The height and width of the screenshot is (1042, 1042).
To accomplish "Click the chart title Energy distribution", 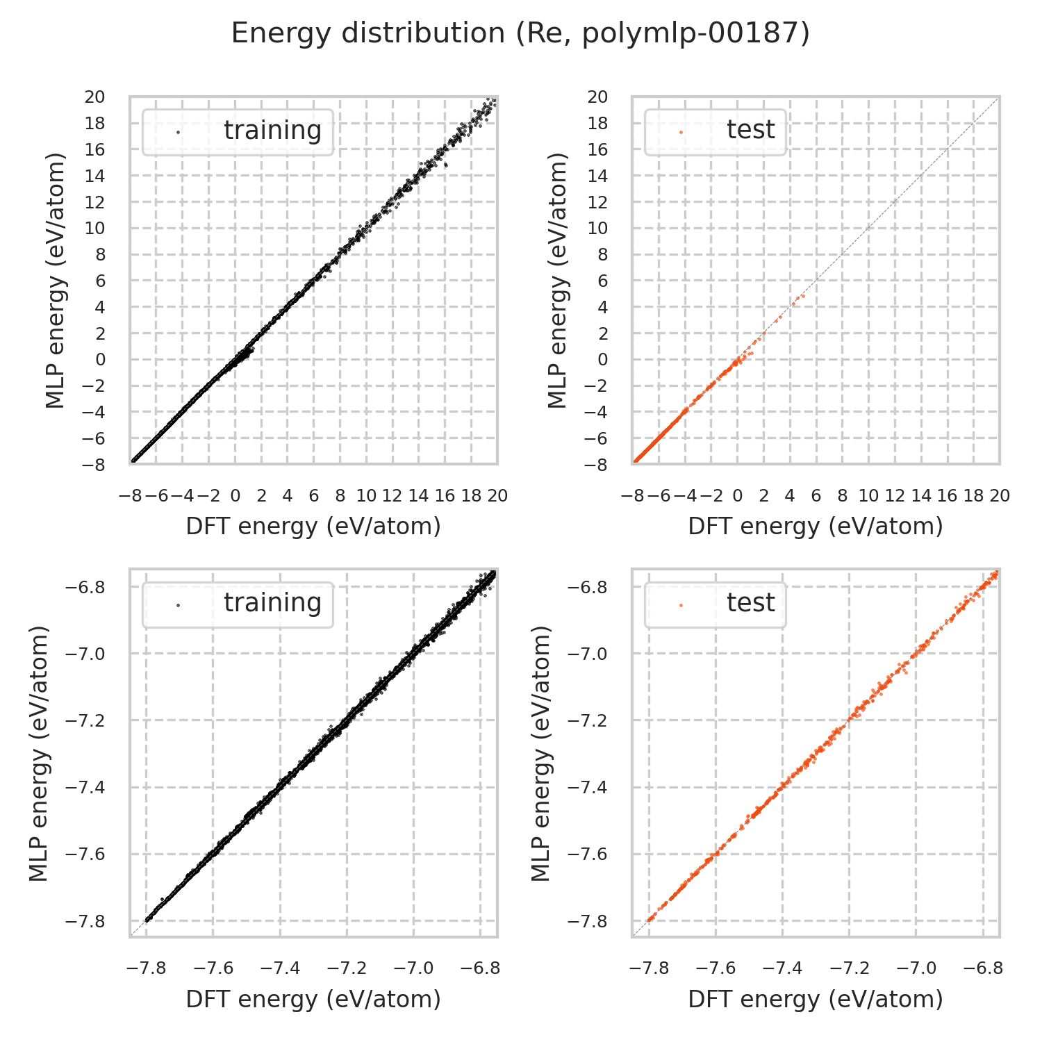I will pos(520,33).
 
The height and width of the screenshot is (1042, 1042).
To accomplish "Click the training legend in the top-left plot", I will pos(238,131).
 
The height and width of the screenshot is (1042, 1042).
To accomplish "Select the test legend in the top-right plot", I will pos(716,131).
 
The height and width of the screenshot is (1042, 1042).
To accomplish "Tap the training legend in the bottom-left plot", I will pos(238,604).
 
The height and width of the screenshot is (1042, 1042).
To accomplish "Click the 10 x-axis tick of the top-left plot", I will pos(366,496).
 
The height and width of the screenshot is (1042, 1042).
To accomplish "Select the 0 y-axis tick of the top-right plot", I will pos(602,360).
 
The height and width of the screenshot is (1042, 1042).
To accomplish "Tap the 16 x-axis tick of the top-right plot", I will pos(948,496).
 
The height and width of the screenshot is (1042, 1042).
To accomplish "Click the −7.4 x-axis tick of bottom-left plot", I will pos(280,968).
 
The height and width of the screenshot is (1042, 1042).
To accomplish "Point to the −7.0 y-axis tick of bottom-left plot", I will pos(85,654).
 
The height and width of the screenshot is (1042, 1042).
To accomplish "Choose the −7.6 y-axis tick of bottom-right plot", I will pos(587,854).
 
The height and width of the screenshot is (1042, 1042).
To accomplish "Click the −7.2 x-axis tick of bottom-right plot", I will pos(849,968).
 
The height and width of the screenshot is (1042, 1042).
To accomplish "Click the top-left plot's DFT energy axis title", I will pos(313,527).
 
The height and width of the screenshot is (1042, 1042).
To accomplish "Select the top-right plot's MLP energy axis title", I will pos(558,281).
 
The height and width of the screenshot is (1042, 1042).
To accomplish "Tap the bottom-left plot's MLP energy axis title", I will pos(40,754).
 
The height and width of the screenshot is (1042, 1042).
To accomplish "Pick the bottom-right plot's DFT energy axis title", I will pos(816,999).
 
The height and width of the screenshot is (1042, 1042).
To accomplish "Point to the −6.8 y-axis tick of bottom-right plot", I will pos(587,588).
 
